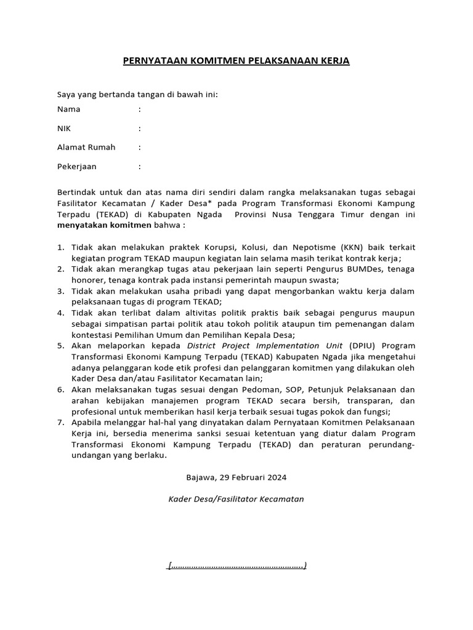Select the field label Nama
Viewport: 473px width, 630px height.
click(68, 110)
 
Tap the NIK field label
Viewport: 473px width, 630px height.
click(64, 129)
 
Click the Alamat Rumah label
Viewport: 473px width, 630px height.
click(86, 148)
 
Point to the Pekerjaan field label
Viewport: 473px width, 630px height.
click(77, 167)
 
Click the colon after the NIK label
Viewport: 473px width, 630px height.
click(140, 129)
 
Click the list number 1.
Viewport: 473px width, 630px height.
click(60, 247)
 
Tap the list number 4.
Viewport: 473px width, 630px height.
click(60, 313)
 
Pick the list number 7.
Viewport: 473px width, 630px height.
click(60, 422)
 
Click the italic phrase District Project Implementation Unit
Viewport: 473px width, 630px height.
click(267, 346)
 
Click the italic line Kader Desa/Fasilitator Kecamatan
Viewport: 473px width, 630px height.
click(236, 499)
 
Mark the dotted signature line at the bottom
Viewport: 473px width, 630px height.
click(236, 565)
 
